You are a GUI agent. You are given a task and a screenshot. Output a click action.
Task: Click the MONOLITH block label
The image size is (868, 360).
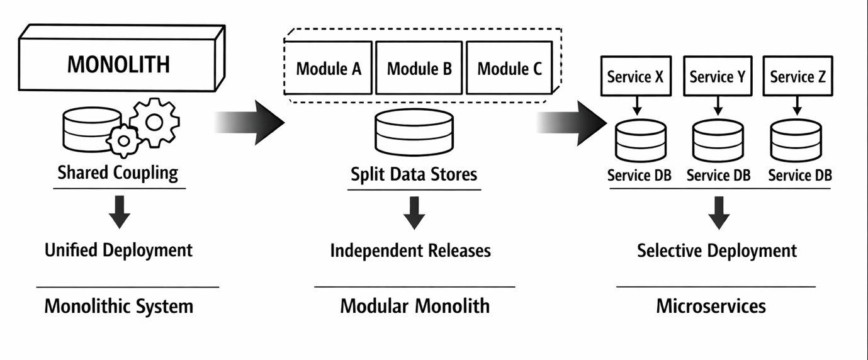click(x=118, y=64)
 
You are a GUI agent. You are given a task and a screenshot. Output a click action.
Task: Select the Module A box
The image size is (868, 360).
click(x=329, y=68)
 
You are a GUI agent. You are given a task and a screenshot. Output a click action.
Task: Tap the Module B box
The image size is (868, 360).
click(x=419, y=68)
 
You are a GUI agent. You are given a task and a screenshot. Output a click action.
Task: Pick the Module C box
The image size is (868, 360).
click(x=509, y=68)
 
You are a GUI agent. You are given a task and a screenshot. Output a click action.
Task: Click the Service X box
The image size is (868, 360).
click(x=634, y=77)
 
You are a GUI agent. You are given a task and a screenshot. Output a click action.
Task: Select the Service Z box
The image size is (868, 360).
click(x=798, y=77)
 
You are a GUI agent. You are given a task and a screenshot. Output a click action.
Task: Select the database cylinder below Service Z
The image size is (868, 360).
click(x=796, y=140)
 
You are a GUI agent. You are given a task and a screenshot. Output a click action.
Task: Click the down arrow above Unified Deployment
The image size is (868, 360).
click(x=119, y=211)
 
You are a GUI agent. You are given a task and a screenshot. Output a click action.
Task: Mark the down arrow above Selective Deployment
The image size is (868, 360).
click(x=718, y=213)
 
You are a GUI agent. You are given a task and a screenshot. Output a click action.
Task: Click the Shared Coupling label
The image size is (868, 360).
click(x=118, y=172)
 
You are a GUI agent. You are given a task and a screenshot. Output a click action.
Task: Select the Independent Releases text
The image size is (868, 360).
click(x=410, y=250)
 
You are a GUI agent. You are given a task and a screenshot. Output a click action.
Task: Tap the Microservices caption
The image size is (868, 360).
click(x=711, y=307)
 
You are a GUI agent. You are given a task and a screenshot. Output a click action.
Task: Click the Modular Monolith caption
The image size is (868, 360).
click(x=415, y=307)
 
